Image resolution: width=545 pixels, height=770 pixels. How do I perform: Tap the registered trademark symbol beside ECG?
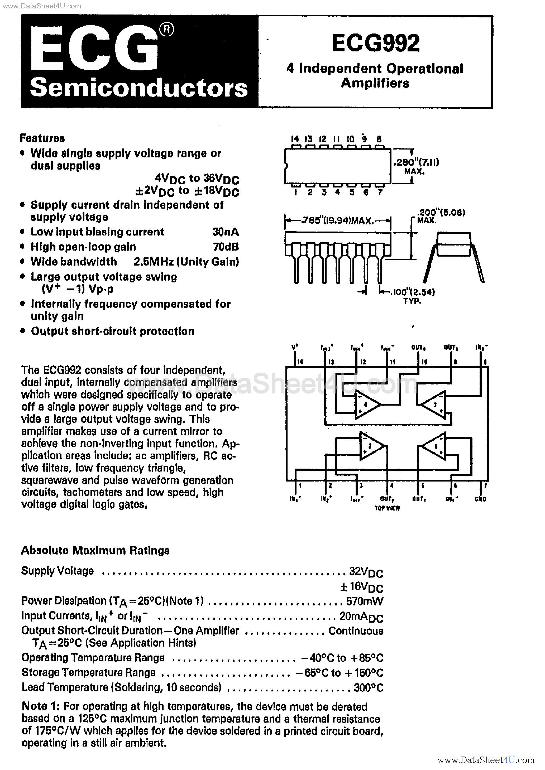click(166, 30)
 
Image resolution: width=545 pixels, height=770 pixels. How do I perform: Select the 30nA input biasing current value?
click(226, 232)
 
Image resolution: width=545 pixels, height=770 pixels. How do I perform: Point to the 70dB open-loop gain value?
click(226, 247)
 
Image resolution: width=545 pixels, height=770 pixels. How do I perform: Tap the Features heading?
click(42, 138)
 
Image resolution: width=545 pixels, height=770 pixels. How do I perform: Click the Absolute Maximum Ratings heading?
click(95, 550)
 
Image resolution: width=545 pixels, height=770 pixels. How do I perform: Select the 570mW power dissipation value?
click(365, 601)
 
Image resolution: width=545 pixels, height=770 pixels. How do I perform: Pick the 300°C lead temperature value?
click(368, 688)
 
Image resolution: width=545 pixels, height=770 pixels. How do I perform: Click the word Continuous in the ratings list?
click(356, 631)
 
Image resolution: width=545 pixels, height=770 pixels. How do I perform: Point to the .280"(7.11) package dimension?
click(416, 163)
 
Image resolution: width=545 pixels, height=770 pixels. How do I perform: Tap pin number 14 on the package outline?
click(295, 139)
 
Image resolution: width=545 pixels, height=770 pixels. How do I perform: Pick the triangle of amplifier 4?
click(366, 405)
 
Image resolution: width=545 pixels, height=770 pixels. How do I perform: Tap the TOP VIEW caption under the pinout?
click(387, 508)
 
